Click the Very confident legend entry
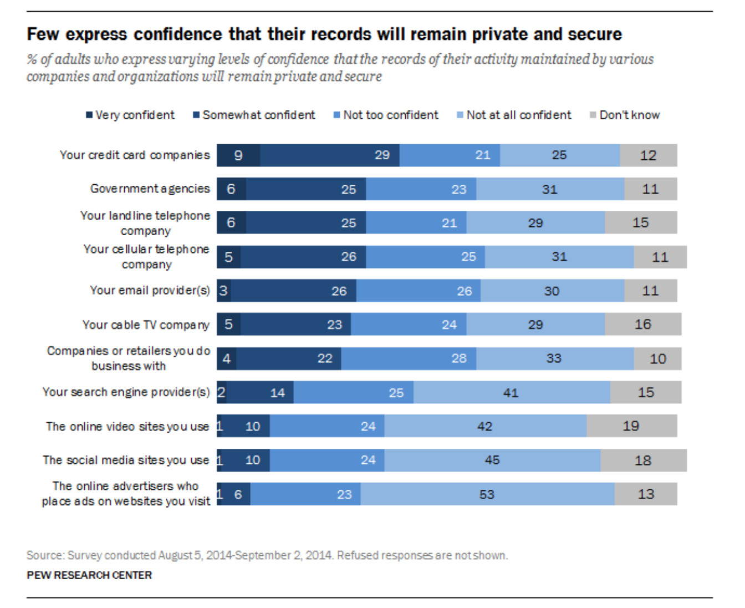coord(130,115)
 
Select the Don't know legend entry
coord(625,115)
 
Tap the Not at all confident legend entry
coord(514,115)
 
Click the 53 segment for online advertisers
coord(487,494)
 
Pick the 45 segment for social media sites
coord(492,460)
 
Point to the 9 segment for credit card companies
coord(238,155)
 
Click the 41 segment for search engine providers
coord(511,393)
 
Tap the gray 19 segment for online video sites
coord(631,426)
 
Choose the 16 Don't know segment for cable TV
coord(642,324)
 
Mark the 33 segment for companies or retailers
coord(554,358)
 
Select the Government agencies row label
coord(150,189)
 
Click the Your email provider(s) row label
coord(150,290)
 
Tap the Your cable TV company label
coord(146,325)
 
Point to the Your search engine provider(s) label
coord(126,392)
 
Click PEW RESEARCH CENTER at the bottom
coord(89,575)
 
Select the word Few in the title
coord(43,34)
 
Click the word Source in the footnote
coord(45,555)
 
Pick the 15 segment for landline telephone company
coord(640,222)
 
